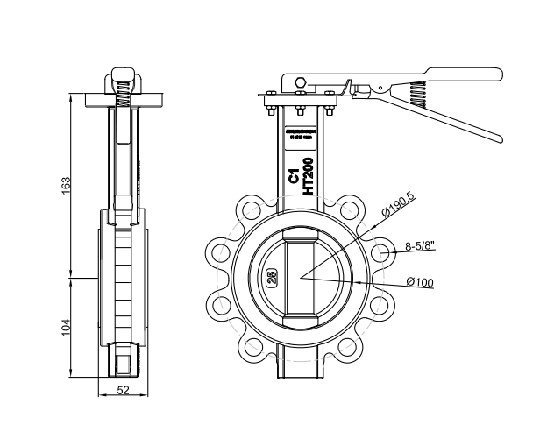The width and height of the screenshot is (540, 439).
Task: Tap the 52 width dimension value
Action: click(x=123, y=392)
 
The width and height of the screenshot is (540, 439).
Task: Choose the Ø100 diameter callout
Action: click(x=421, y=282)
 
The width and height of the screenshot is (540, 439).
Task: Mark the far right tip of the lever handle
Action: click(x=500, y=138)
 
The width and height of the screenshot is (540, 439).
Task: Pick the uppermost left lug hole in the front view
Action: click(x=252, y=210)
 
